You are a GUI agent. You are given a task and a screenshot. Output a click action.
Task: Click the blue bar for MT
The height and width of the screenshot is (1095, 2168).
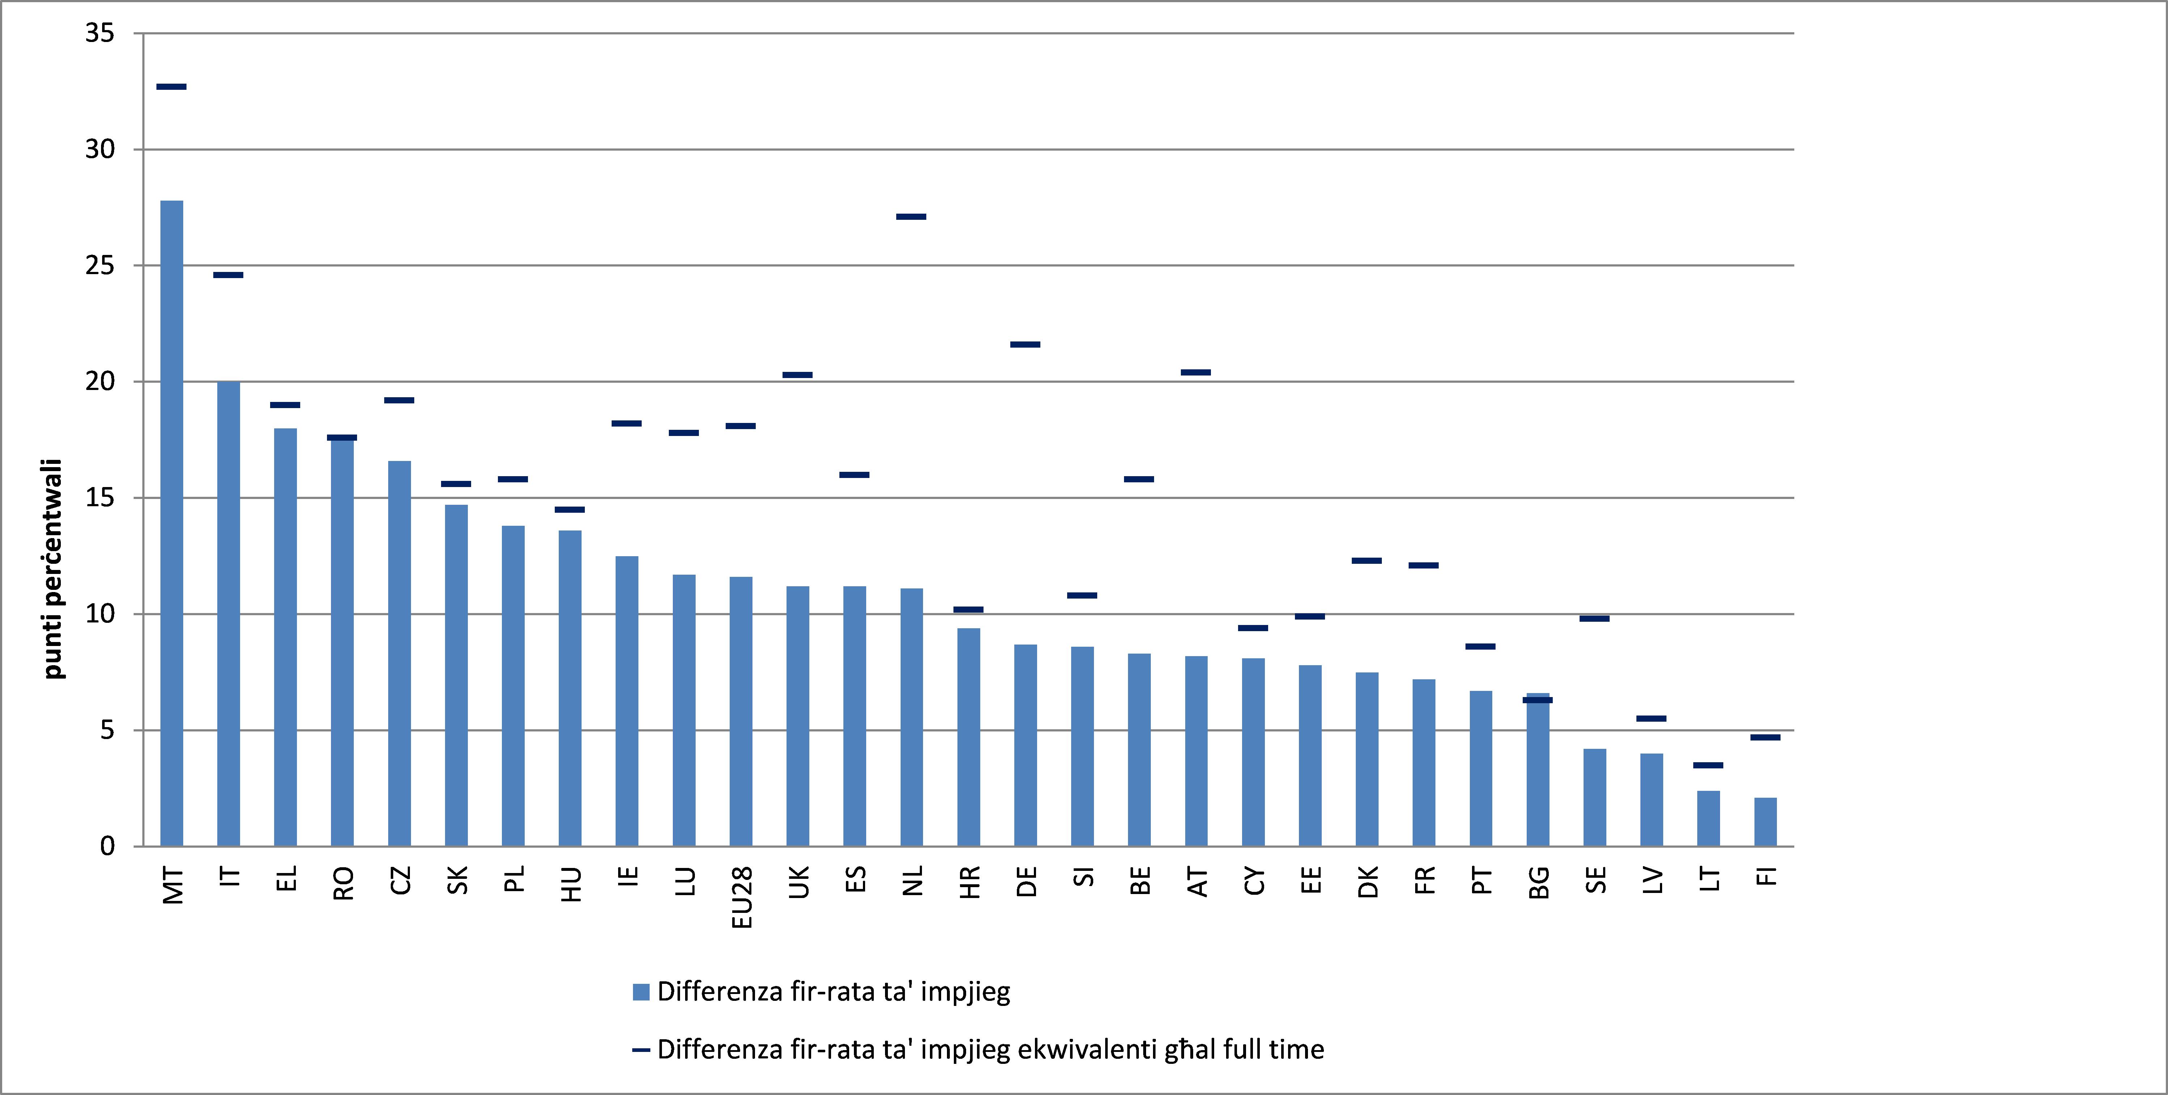point(172,522)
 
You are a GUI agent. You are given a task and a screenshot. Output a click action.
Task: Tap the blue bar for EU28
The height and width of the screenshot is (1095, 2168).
point(741,711)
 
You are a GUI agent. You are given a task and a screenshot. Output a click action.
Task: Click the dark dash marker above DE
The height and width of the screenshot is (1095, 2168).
point(1025,344)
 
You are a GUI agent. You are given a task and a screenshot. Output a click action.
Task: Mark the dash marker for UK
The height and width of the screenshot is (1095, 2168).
point(798,374)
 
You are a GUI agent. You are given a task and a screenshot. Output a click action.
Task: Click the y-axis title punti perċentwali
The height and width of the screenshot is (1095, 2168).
point(54,569)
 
